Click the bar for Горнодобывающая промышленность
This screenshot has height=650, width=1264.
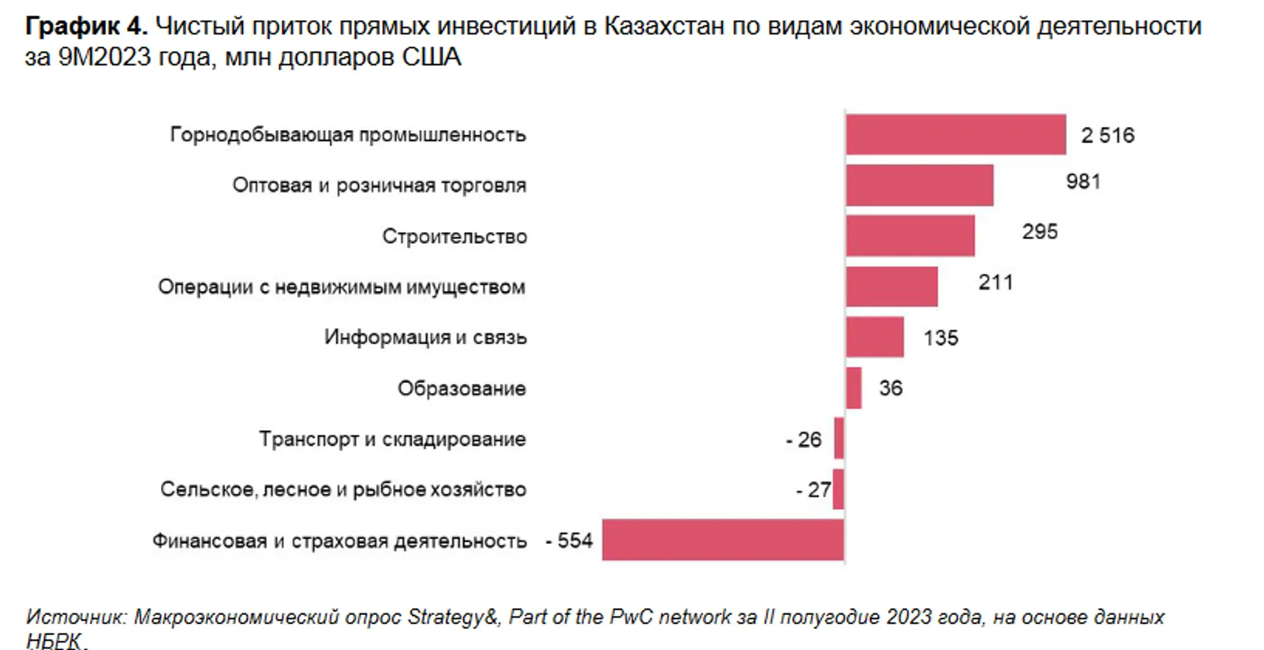955,135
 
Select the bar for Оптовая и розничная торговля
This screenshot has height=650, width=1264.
919,185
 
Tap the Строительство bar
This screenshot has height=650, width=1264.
910,236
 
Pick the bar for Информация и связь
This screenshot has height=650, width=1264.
874,337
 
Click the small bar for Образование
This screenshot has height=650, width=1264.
854,388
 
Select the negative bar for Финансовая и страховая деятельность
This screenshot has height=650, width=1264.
723,540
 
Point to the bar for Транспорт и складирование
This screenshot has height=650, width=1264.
839,439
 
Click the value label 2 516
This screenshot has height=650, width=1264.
1108,135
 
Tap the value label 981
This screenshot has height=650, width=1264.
1083,181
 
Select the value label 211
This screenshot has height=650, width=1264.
995,283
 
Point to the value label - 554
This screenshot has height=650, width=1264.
568,541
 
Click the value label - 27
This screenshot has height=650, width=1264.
813,490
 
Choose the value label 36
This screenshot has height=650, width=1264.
890,388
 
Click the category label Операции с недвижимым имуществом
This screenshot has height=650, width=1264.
342,287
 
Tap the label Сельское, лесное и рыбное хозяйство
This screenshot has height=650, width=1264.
343,490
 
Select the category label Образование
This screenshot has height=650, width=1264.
461,388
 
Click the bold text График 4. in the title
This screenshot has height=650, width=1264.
88,27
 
